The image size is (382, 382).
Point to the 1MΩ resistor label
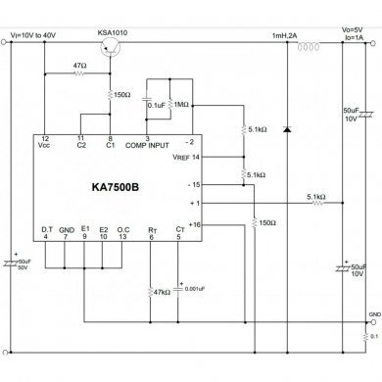tap(180, 104)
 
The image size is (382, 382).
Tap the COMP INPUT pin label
tap(162, 147)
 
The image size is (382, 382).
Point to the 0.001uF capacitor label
tap(195, 290)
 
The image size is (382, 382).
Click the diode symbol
tap(285, 129)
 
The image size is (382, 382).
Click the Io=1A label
tap(356, 41)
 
